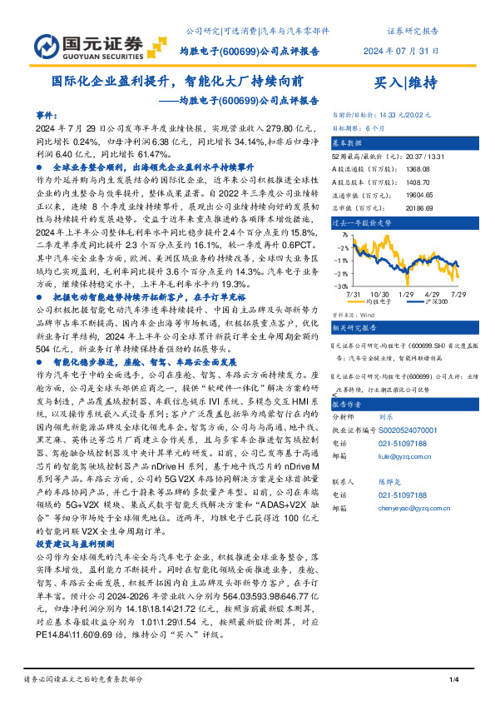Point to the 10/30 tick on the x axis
tap(381, 294)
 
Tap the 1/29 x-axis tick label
tap(407, 294)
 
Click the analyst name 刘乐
tap(386, 418)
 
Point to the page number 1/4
tap(454, 681)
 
